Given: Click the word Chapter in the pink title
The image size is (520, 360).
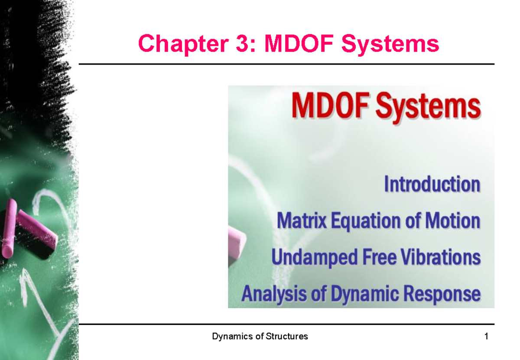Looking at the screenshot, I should tap(169, 44).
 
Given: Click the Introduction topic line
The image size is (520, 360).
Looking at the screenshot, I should tap(432, 185).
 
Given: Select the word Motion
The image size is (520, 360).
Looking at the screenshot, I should tap(454, 221).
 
